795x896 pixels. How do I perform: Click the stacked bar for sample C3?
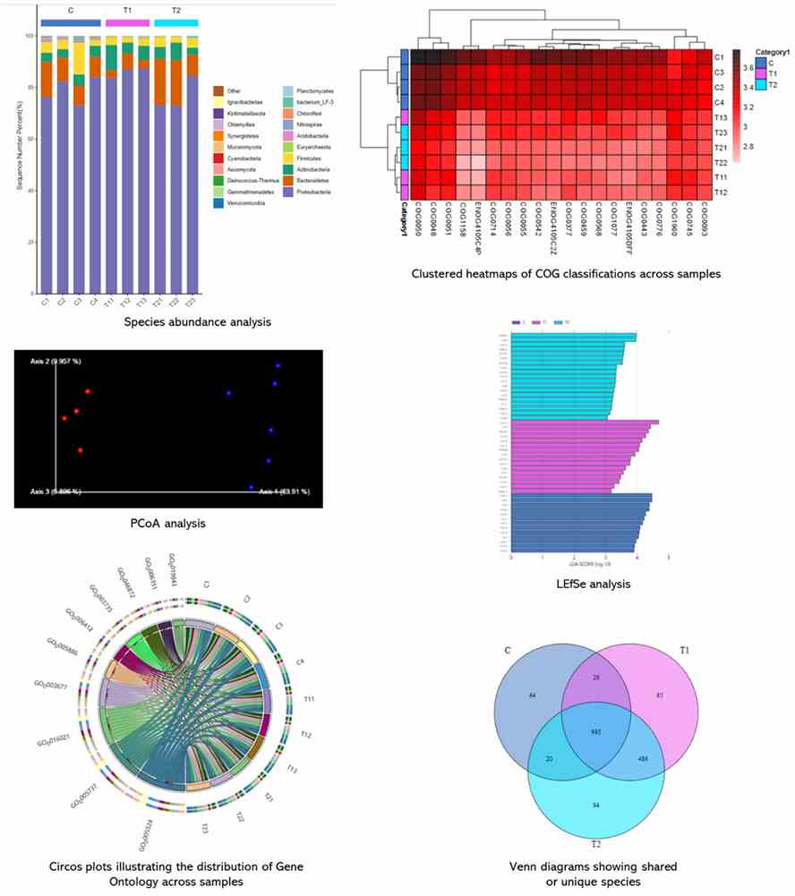click(79, 179)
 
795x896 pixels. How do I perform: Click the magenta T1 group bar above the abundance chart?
click(127, 21)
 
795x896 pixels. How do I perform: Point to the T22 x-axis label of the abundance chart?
click(175, 303)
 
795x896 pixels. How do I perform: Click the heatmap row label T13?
click(720, 117)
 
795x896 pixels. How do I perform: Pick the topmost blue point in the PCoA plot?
click(278, 365)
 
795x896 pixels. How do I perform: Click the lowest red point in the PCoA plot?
click(80, 450)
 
